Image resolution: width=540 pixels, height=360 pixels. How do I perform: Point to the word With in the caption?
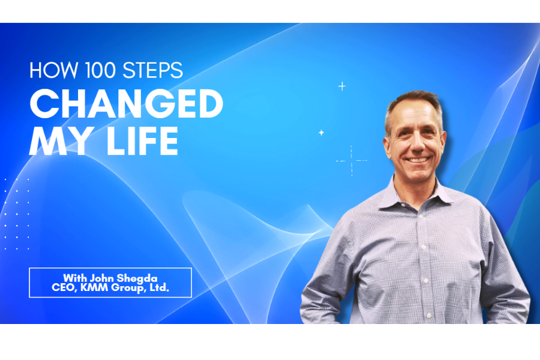[x=75, y=278]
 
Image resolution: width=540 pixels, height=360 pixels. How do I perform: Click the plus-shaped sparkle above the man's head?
[x=342, y=86]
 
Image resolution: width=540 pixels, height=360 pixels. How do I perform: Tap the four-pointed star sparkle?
[x=321, y=133]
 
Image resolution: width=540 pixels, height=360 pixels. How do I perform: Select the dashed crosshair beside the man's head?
[x=351, y=160]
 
